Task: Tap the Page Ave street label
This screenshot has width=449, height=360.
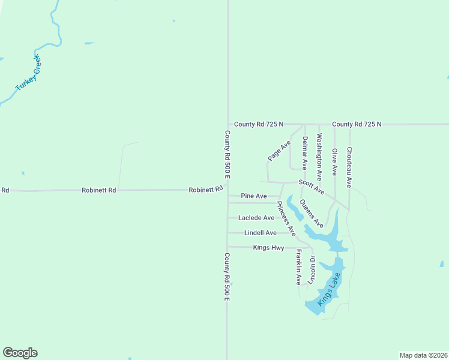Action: pos(279,151)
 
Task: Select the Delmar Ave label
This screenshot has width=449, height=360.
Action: pos(305,153)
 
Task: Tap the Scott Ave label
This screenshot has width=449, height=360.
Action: pos(312,187)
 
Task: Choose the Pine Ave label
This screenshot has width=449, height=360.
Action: pos(253,196)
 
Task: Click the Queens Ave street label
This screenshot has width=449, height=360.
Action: pos(312,214)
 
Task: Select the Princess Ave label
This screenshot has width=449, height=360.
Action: pos(286,218)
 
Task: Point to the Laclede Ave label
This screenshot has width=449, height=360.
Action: pos(256,218)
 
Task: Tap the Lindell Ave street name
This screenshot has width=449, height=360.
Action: pos(261,233)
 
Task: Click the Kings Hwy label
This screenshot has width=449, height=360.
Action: pos(268,247)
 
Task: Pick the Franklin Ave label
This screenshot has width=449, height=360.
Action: pos(298,267)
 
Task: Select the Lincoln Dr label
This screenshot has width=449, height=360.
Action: pos(312,270)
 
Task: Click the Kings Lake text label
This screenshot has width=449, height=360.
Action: pos(329,290)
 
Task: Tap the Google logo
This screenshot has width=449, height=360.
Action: pos(20,353)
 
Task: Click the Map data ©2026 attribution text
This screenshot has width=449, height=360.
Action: pos(423,355)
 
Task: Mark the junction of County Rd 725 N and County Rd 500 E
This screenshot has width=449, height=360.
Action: pos(228,124)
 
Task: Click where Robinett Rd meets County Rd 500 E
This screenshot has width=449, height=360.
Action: pos(228,190)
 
